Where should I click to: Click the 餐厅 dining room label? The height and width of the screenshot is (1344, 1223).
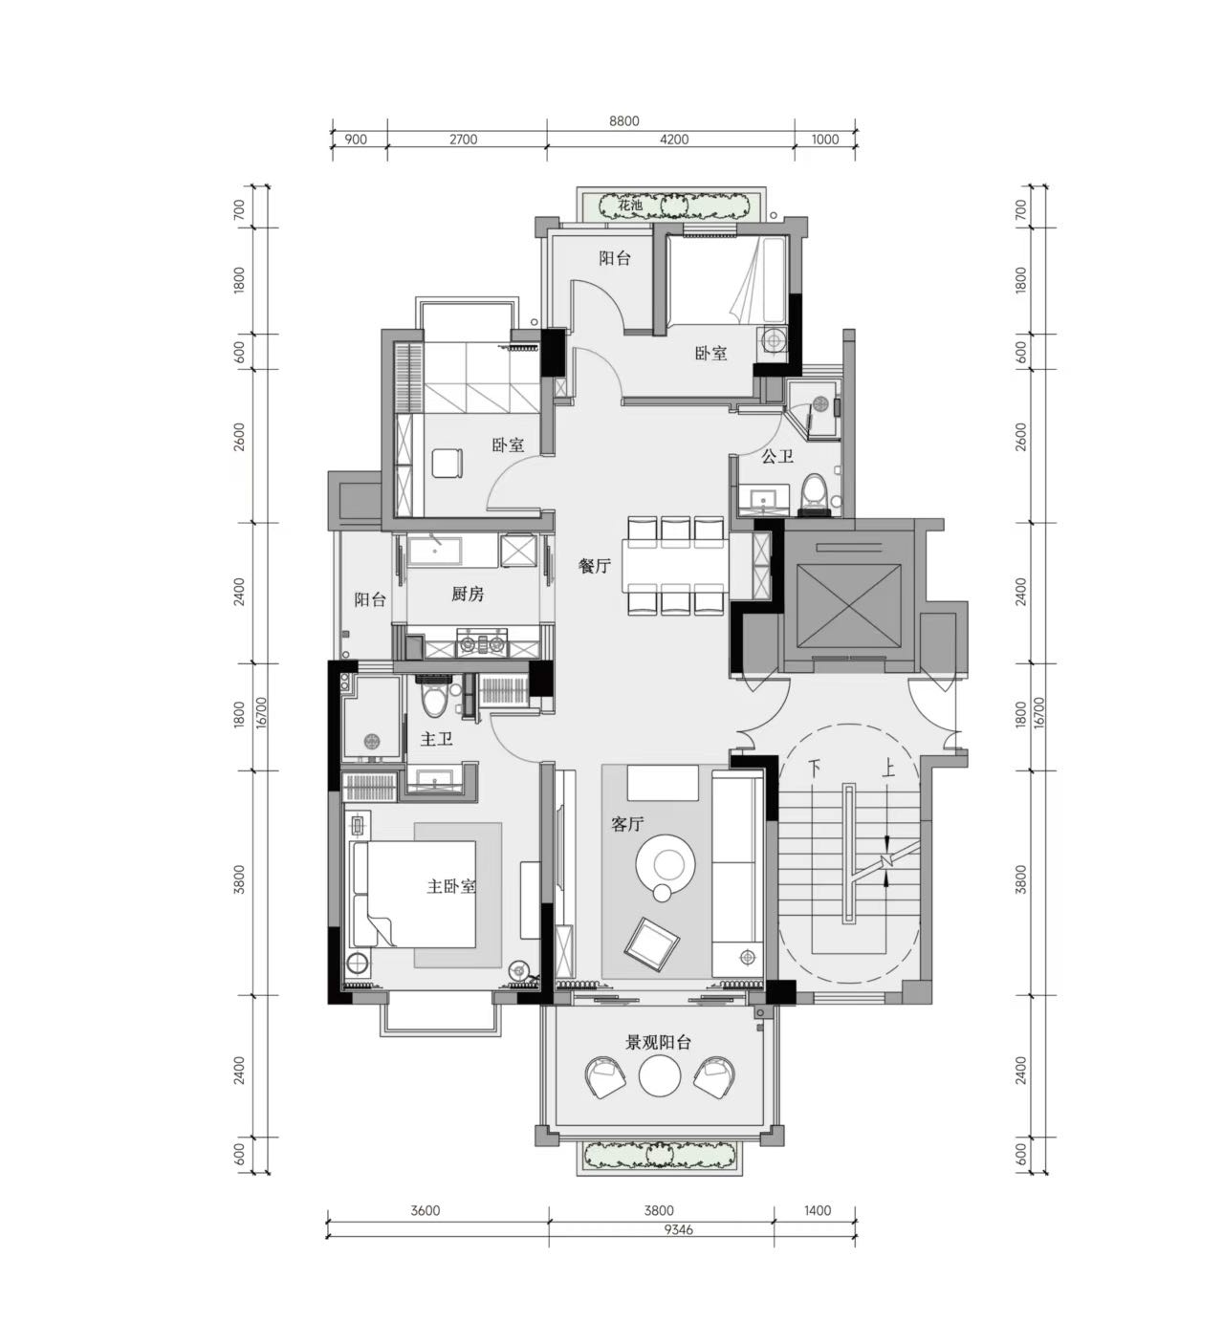click(594, 566)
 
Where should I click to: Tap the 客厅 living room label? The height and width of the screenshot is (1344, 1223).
click(627, 824)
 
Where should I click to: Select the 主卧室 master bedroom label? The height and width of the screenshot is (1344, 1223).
click(451, 886)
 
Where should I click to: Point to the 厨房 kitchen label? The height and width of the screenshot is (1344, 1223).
click(468, 594)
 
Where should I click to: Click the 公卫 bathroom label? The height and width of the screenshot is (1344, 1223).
click(777, 456)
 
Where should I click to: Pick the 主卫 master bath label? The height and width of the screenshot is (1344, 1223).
click(436, 739)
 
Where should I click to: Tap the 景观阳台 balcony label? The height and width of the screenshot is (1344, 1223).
click(658, 1043)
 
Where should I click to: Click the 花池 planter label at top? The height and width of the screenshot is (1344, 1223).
click(629, 205)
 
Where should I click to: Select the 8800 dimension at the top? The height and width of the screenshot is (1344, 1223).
click(623, 121)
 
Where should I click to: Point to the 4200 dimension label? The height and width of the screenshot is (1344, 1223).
click(674, 140)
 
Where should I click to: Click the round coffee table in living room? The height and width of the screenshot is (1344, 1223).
click(665, 863)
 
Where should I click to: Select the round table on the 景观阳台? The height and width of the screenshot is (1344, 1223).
click(660, 1076)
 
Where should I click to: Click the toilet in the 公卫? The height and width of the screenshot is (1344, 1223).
click(814, 493)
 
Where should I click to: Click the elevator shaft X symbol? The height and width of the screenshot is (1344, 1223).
click(848, 606)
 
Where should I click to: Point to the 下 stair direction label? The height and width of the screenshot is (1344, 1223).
click(814, 769)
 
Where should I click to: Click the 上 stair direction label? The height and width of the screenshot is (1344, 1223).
click(887, 769)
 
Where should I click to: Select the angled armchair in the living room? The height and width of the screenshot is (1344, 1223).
click(651, 943)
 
